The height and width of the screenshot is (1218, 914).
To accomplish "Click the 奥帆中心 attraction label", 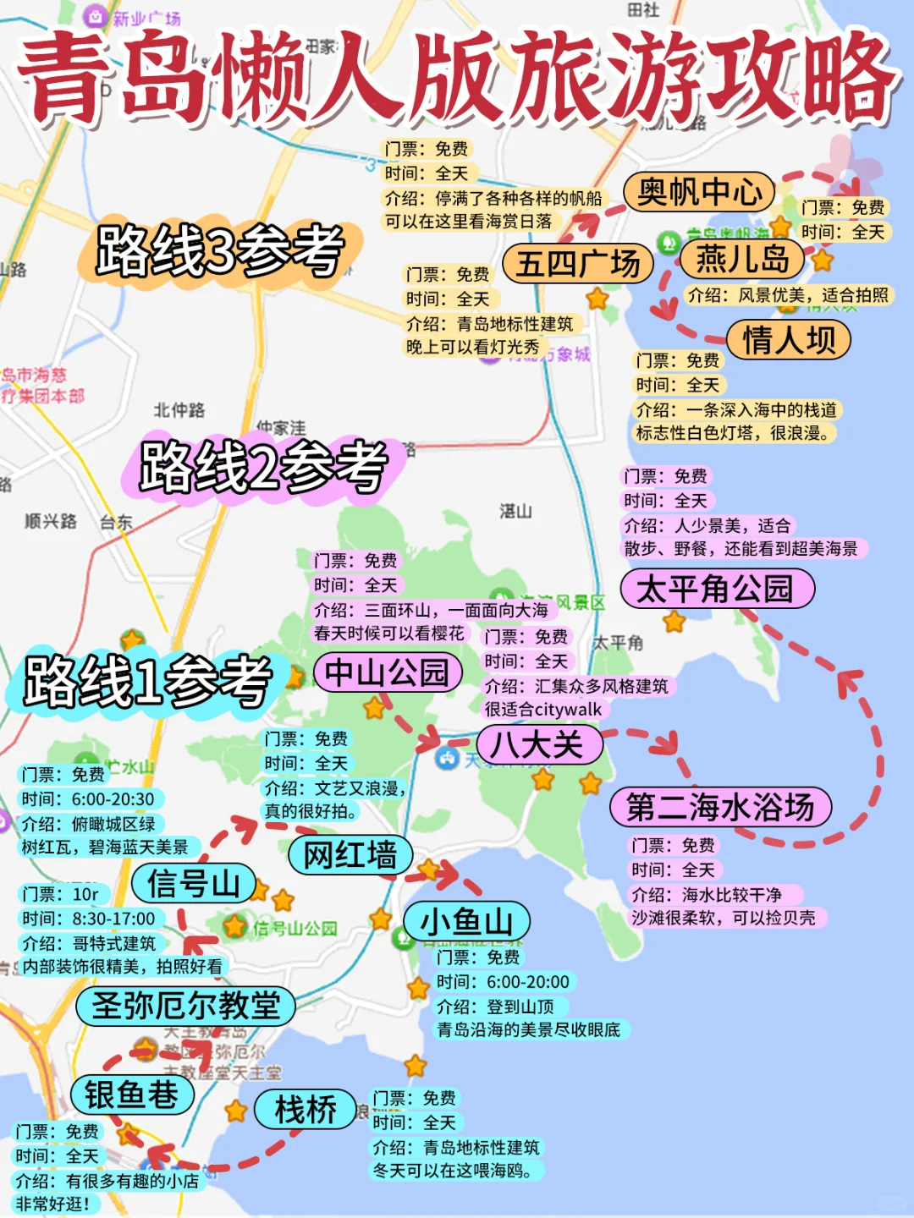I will click(699, 193).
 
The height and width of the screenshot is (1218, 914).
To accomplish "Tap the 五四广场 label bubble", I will click(578, 264).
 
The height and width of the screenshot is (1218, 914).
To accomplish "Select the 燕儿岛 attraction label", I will click(742, 259).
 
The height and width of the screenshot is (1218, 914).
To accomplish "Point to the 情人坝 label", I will click(789, 340).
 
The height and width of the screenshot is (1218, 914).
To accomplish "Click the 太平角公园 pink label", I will click(717, 589).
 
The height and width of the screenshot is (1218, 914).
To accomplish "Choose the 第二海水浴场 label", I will click(720, 807).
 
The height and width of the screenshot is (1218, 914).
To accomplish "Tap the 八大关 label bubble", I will click(538, 745).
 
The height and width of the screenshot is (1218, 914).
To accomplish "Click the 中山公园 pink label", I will click(388, 673).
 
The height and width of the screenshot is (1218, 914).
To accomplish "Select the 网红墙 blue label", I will click(350, 855).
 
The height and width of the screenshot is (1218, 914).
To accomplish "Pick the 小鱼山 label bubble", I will click(466, 921).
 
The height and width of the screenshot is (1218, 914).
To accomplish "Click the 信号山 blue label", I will click(194, 884).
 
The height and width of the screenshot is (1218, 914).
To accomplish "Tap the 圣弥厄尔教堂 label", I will click(185, 1006).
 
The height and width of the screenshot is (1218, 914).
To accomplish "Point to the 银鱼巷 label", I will click(132, 1095).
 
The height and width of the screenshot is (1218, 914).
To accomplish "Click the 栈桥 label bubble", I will click(306, 1110).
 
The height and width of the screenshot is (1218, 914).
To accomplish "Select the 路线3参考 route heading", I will click(220, 250).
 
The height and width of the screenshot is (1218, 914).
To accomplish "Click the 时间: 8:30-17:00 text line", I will click(89, 919).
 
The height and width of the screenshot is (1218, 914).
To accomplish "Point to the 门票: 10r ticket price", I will click(61, 894).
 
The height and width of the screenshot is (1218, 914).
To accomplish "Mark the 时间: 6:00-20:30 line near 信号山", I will click(88, 799).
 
